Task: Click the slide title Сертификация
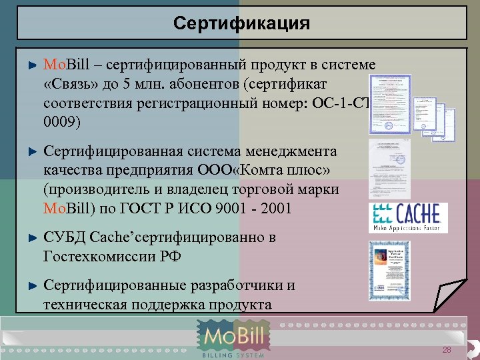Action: click(x=241, y=24)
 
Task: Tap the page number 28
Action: click(x=447, y=351)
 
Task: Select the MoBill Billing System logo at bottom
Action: click(x=234, y=339)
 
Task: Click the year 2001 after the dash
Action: click(x=274, y=208)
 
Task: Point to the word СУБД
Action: click(x=64, y=237)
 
